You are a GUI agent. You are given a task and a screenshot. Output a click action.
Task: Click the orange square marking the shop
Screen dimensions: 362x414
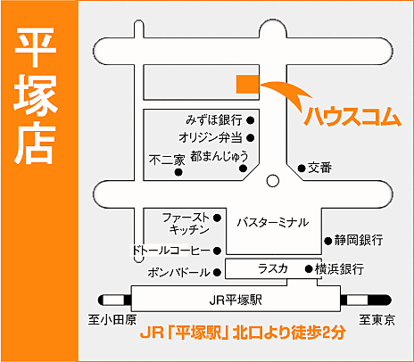247,83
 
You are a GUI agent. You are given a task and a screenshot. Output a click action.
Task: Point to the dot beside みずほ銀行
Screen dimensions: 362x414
252,119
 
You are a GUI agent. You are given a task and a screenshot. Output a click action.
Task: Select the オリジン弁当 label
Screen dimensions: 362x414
211,137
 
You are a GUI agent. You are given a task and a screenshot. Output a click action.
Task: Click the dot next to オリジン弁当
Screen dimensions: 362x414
252,137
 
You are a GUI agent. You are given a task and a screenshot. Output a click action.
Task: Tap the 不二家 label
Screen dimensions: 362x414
167,159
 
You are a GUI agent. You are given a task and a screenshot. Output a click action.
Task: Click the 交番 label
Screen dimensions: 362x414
320,167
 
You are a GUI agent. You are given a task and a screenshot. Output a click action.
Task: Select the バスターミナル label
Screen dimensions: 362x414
272,221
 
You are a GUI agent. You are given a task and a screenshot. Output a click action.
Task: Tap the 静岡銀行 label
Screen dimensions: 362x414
359,240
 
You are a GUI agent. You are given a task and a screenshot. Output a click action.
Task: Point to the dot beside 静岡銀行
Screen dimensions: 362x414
327,240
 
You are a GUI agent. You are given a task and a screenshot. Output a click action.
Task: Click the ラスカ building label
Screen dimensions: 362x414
272,268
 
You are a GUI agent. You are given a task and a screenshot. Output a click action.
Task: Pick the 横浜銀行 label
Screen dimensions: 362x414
339,268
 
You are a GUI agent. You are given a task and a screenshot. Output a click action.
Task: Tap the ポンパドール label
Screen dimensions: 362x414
178,272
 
